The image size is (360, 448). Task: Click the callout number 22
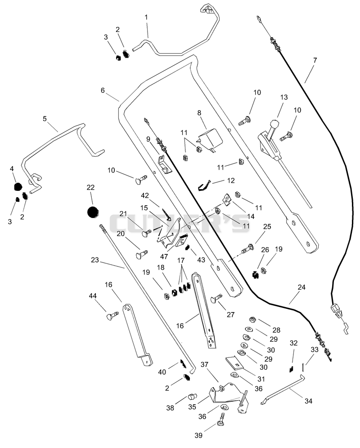tap(90, 187)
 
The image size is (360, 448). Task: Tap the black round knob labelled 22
tap(93, 212)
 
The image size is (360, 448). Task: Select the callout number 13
tap(284, 97)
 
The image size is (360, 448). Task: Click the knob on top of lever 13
tap(274, 124)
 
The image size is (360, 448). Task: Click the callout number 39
tap(198, 435)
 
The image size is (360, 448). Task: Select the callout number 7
tap(315, 60)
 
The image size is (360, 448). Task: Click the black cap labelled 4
tap(18, 186)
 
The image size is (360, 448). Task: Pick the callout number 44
tap(93, 296)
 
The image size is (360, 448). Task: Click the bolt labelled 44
tap(113, 316)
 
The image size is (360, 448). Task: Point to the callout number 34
tap(308, 401)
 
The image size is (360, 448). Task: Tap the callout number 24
tap(301, 287)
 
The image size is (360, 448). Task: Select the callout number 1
tap(146, 17)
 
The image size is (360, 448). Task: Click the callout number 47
tap(164, 257)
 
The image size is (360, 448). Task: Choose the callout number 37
tap(204, 365)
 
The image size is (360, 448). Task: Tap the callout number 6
tap(103, 91)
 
